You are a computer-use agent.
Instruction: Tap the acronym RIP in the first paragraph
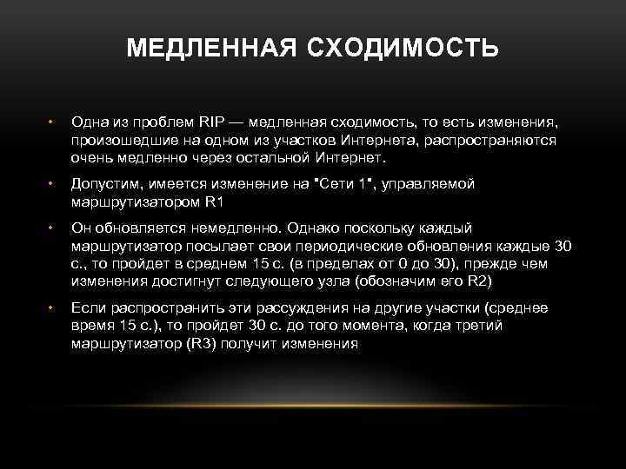(210, 122)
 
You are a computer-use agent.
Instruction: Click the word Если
(88, 307)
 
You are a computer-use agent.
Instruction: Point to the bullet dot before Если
(51, 307)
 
